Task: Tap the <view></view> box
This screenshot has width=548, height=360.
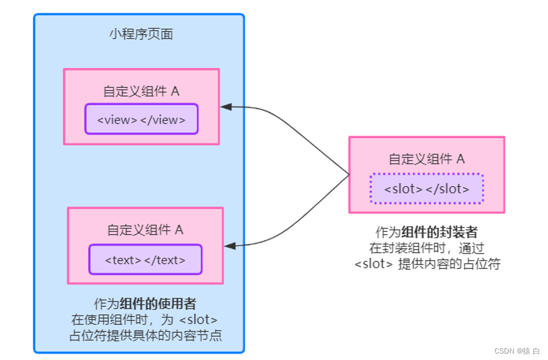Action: (141, 119)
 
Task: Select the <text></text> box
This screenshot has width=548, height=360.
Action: (145, 260)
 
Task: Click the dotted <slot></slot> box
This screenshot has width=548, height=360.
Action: (426, 189)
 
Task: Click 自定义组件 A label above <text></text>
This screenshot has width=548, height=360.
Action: (145, 230)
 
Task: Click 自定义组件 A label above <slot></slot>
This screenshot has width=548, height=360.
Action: (426, 159)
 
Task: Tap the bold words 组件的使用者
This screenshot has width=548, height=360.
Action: (157, 304)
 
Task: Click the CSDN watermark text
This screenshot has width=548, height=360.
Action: (505, 351)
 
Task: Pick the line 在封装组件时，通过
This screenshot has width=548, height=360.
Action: (427, 248)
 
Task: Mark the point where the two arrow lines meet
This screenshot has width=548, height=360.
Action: (349, 175)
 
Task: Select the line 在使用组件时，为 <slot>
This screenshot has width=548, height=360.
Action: (145, 320)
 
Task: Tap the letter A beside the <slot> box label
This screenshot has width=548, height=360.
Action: (460, 159)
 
